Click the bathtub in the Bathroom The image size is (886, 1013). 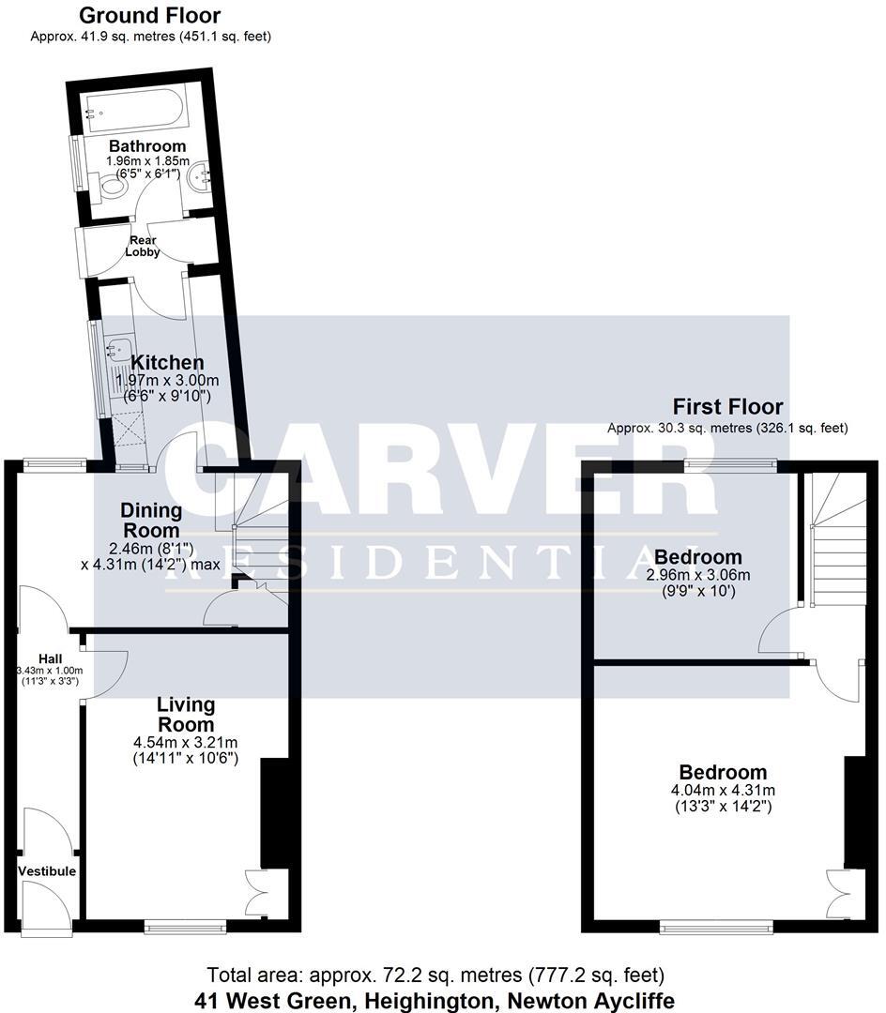click(138, 111)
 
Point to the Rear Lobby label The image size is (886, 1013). click(144, 246)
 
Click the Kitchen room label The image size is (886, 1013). click(167, 363)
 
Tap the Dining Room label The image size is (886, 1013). click(151, 521)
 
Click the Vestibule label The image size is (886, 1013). click(47, 871)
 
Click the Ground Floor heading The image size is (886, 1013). click(150, 16)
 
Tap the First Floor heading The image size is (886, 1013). click(727, 406)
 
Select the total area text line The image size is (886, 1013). click(435, 975)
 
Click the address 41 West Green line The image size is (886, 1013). click(435, 1000)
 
